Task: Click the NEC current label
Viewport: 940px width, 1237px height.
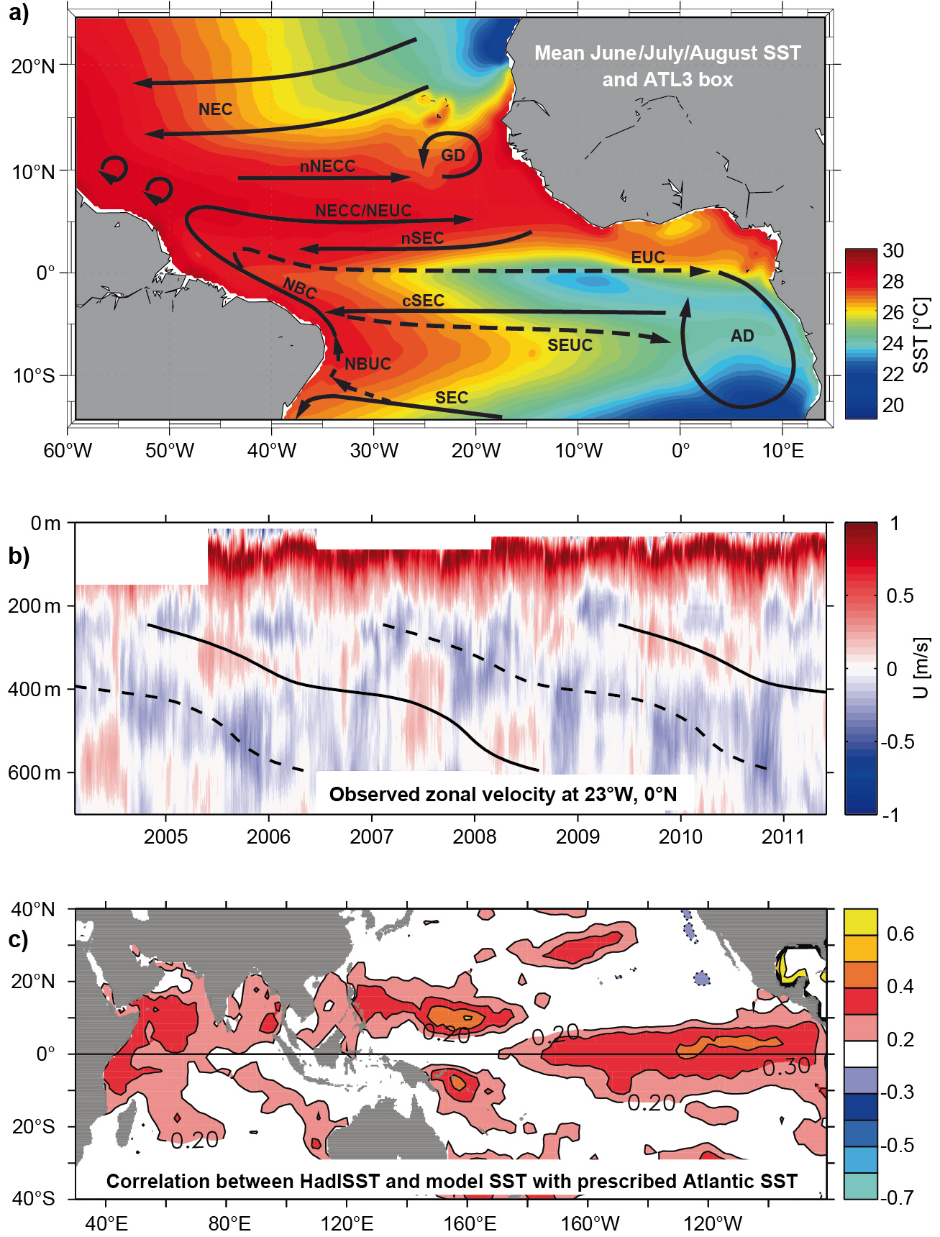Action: [215, 109]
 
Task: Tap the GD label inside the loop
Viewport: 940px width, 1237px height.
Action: [453, 155]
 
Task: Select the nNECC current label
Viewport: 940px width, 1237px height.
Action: [327, 166]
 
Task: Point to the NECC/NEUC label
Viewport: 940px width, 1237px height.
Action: [363, 211]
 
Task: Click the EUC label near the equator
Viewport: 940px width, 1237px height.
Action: [647, 257]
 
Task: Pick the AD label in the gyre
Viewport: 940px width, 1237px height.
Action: [742, 336]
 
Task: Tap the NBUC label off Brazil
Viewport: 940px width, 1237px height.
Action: [368, 364]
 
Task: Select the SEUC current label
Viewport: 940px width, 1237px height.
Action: [570, 345]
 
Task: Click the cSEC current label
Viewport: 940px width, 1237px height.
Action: [423, 301]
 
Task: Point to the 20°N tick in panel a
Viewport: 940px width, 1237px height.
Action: [33, 67]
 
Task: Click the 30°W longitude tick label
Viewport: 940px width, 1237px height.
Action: [374, 452]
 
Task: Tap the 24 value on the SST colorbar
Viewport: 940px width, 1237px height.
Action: [893, 343]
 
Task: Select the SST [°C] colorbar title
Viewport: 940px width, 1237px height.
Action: [921, 335]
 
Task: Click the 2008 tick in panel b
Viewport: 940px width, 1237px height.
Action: [475, 837]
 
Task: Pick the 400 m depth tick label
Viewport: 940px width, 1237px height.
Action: [35, 690]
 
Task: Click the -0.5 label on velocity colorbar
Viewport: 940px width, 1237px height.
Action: [898, 741]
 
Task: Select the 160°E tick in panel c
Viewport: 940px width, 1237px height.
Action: [470, 1223]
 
